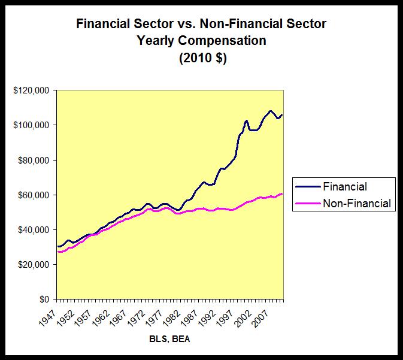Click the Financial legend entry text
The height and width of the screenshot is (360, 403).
[x=345, y=187]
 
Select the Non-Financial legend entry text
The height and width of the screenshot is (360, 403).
[x=357, y=204]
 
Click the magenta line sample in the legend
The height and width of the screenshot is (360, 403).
[x=307, y=204]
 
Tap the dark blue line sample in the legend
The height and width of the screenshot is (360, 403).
[x=307, y=187]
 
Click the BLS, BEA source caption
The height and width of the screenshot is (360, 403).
[x=169, y=339]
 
